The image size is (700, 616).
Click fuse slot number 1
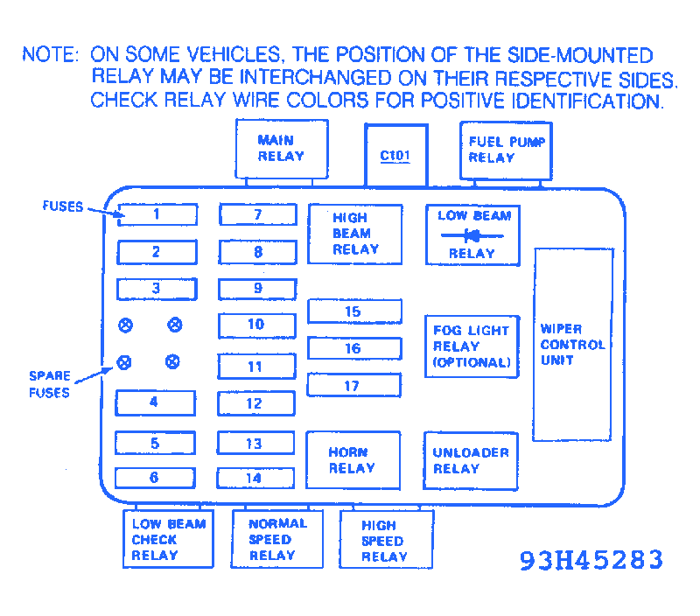point(157,214)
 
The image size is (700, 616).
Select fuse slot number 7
point(258,215)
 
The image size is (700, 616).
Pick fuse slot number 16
point(354,348)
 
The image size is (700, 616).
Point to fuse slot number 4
point(156,402)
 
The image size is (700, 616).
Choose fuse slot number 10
point(256,325)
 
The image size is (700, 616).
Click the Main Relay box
point(281,149)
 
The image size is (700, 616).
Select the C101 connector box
point(395,156)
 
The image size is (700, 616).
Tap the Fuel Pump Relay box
point(506,150)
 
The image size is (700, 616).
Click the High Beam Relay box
point(355,234)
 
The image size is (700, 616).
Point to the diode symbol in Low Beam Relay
point(473,234)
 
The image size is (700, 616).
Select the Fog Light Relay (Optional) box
point(472,346)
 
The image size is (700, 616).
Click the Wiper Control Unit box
point(573,345)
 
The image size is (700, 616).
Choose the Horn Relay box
point(353,460)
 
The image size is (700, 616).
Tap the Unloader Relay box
point(471,460)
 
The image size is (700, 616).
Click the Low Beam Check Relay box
point(169,539)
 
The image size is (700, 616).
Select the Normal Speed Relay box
point(277,539)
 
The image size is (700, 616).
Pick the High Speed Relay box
point(385,541)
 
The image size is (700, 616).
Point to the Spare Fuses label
point(50,384)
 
